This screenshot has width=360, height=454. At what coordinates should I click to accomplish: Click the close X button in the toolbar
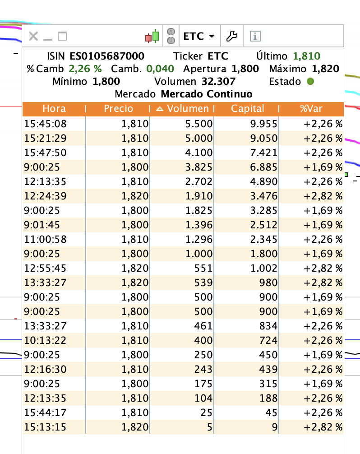pyautogui.click(x=33, y=36)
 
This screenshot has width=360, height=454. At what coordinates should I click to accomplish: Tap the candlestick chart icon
pyautogui.click(x=152, y=37)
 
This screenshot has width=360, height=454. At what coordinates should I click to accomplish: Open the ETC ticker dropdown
pyautogui.click(x=199, y=36)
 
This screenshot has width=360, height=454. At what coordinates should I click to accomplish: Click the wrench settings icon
pyautogui.click(x=232, y=36)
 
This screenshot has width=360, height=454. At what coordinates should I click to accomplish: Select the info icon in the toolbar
pyautogui.click(x=255, y=36)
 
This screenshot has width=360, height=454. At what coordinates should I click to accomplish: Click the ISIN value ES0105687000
pyautogui.click(x=107, y=56)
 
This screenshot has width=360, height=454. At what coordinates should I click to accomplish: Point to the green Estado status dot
pyautogui.click(x=310, y=81)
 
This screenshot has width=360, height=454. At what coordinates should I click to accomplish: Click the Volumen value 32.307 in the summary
pyautogui.click(x=218, y=81)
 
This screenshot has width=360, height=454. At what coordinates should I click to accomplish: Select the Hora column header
pyautogui.click(x=54, y=109)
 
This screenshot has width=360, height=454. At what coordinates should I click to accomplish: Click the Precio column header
pyautogui.click(x=118, y=109)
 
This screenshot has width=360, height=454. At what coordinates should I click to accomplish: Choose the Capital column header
pyautogui.click(x=247, y=109)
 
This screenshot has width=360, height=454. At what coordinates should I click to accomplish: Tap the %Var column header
pyautogui.click(x=311, y=109)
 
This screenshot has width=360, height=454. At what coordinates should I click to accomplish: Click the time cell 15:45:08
pyautogui.click(x=46, y=124)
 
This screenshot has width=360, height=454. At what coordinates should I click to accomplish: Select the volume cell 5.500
pyautogui.click(x=199, y=124)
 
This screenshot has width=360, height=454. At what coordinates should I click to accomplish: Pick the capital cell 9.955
pyautogui.click(x=263, y=124)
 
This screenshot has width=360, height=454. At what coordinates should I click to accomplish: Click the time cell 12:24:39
pyautogui.click(x=46, y=196)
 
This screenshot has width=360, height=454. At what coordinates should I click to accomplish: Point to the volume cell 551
pyautogui.click(x=203, y=268)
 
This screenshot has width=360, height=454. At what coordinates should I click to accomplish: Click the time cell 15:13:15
pyautogui.click(x=46, y=427)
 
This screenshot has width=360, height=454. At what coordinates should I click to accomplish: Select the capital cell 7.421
pyautogui.click(x=263, y=153)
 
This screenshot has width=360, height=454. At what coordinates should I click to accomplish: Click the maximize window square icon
pyautogui.click(x=62, y=36)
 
